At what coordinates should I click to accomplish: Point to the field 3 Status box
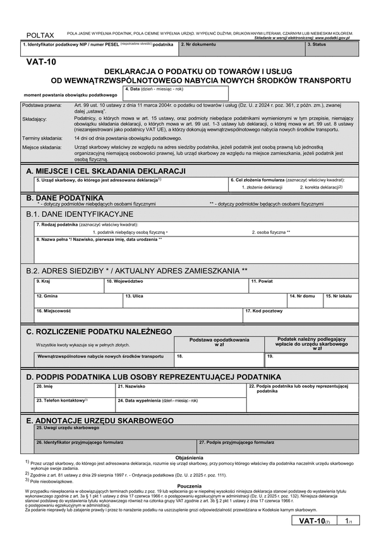[x=331, y=48]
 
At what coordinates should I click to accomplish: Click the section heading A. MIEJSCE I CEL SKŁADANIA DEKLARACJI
[x=105, y=171]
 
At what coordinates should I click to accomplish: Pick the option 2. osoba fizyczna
[x=271, y=232]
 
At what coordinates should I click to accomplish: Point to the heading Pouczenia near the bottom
[x=189, y=486]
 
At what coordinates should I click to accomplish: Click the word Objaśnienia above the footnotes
[x=189, y=457]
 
